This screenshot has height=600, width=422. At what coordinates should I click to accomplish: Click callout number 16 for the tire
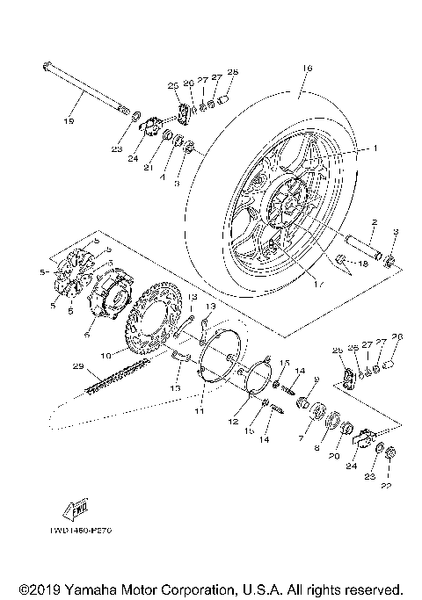click(x=306, y=67)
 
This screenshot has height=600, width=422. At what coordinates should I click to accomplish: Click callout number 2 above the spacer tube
click(x=374, y=222)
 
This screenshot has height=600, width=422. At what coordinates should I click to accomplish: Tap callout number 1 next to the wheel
click(x=374, y=148)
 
